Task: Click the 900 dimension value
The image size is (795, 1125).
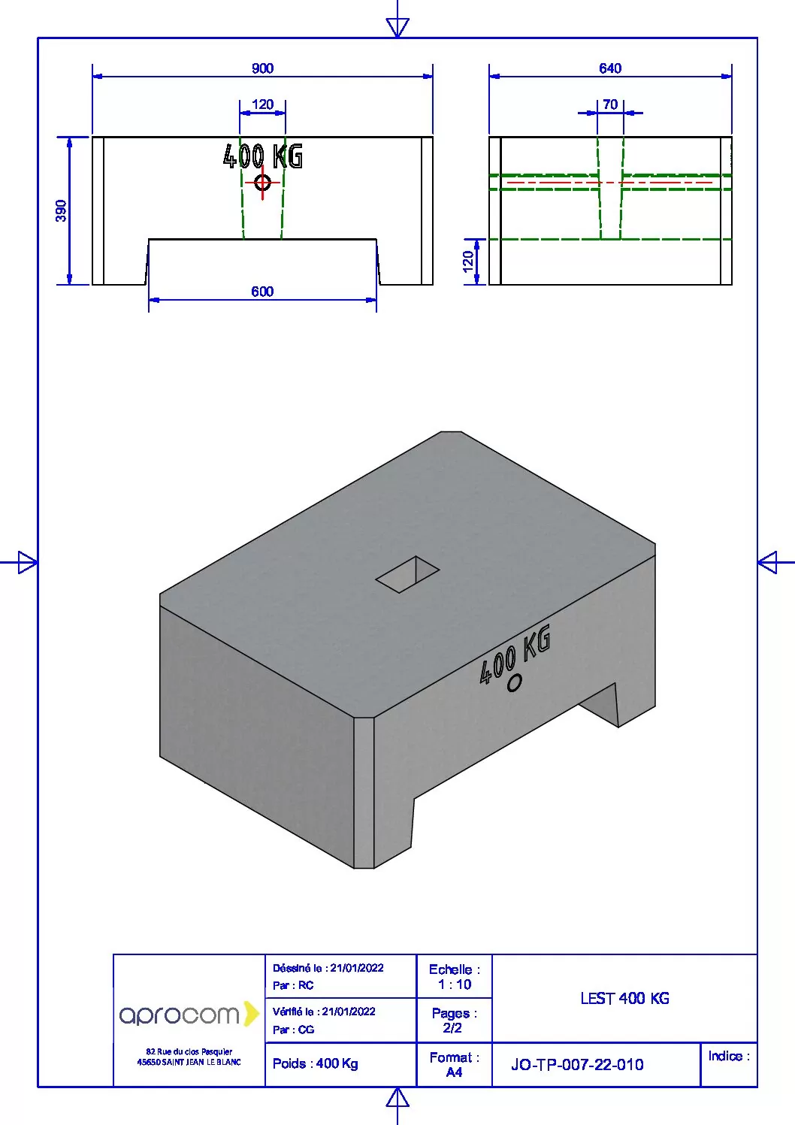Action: pyautogui.click(x=262, y=68)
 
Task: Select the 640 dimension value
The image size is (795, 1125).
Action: pyautogui.click(x=610, y=68)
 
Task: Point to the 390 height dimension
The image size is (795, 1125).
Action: pyautogui.click(x=61, y=211)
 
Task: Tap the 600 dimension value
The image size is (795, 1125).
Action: pyautogui.click(x=262, y=292)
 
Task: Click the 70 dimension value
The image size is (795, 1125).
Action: pyautogui.click(x=610, y=104)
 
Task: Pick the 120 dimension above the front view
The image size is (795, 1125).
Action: pyautogui.click(x=262, y=104)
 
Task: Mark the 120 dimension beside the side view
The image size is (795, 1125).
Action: pyautogui.click(x=467, y=262)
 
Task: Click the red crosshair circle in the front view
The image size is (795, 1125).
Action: pyautogui.click(x=262, y=182)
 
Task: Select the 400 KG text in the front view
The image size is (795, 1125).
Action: pyautogui.click(x=263, y=156)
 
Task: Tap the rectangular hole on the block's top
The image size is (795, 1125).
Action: pyautogui.click(x=407, y=574)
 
